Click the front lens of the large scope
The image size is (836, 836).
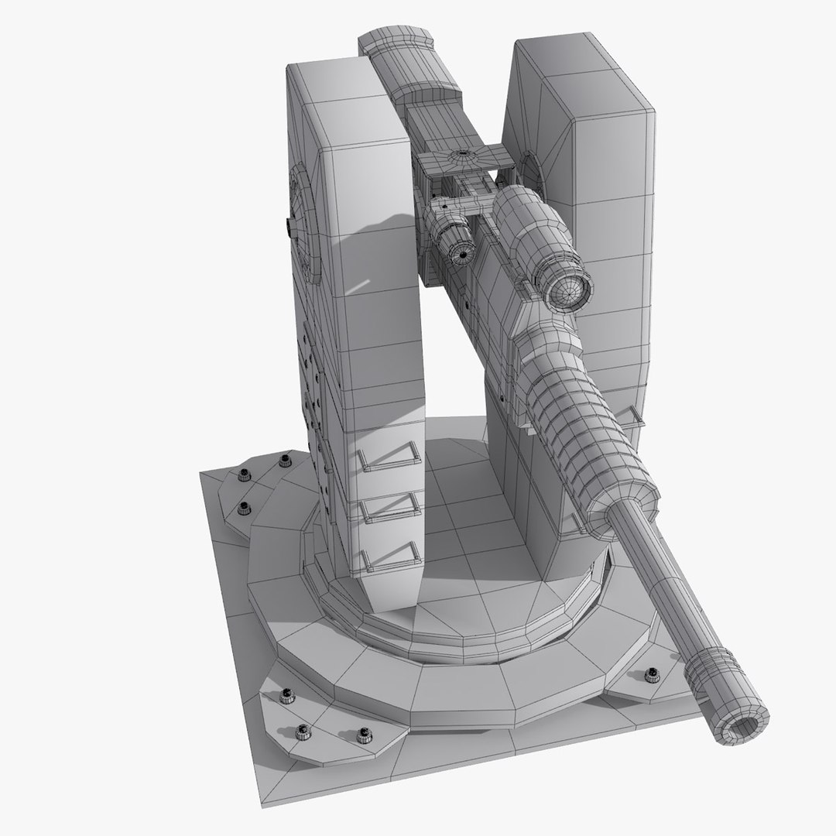(x=570, y=290)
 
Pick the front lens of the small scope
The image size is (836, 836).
(x=463, y=252)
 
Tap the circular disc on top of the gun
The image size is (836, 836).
(x=463, y=156)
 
